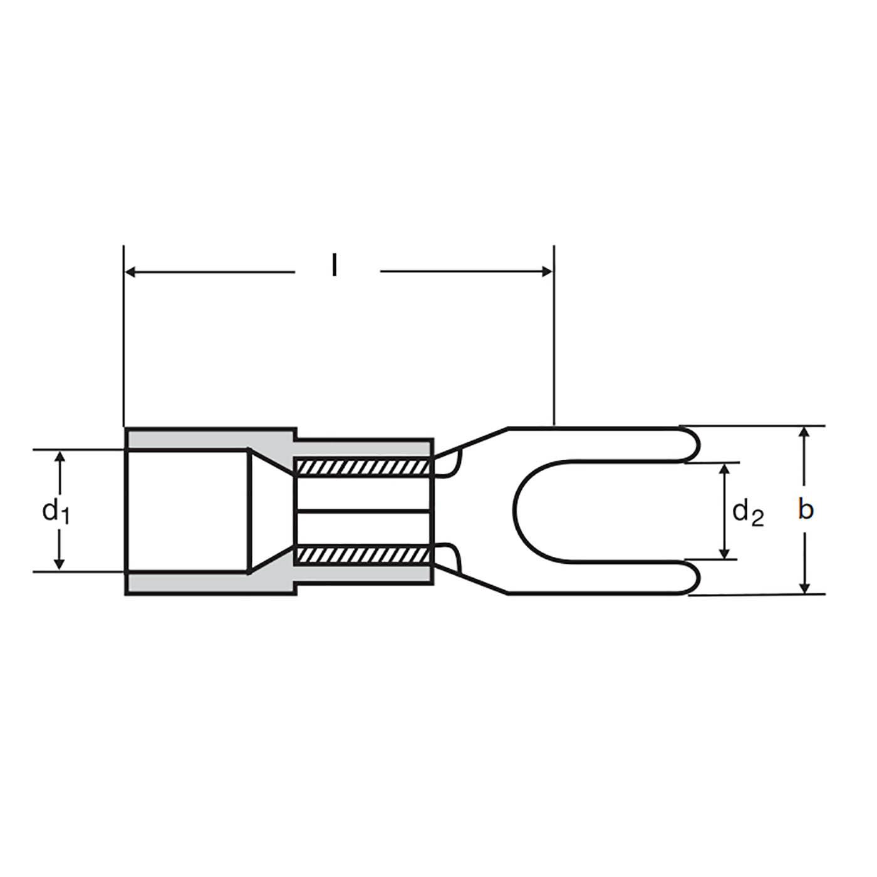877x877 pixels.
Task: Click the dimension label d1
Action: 56,511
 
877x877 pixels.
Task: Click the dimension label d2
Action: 748,514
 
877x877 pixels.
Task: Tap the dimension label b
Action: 806,509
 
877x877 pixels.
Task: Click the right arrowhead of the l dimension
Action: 547,272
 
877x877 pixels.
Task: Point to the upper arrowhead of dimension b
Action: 805,433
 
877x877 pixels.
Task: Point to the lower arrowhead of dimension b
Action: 805,588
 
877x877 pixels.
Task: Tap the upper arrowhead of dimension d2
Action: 725,470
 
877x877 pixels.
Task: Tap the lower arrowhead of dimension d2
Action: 725,552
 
